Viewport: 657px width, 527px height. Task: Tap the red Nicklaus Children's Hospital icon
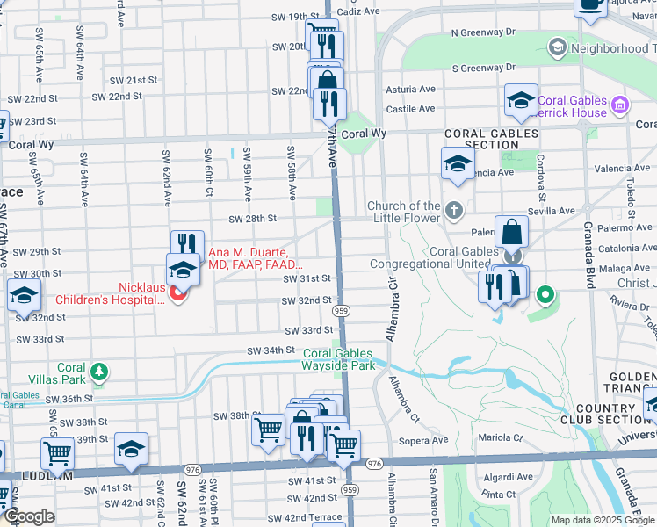point(177,293)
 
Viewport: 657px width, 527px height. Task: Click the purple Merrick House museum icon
point(620,106)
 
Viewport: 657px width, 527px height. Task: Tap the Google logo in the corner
point(29,516)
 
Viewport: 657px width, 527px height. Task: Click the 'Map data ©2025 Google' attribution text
point(603,520)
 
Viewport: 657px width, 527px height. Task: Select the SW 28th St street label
point(253,219)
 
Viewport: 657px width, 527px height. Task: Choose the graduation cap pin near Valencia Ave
point(458,163)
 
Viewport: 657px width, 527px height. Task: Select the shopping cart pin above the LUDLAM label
point(58,454)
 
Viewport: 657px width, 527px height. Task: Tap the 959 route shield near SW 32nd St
point(343,311)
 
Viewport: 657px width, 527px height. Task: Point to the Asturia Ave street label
point(411,89)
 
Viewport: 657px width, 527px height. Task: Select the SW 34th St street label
point(267,350)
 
